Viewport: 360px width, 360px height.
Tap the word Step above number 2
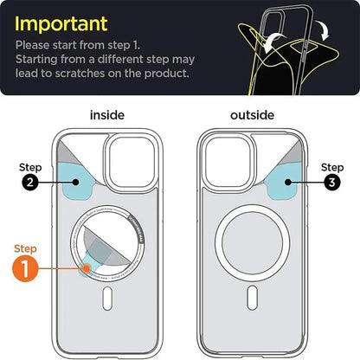click(x=30, y=165)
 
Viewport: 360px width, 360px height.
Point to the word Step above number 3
click(x=331, y=166)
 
